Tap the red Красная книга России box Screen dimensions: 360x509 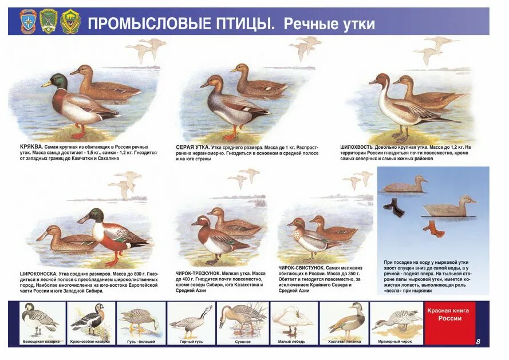point(449,323)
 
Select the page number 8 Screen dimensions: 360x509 point(478,342)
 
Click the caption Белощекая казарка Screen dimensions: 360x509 point(41,341)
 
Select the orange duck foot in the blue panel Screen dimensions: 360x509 point(433,229)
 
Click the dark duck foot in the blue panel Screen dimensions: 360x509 point(394,207)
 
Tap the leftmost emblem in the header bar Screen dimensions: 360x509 point(27,21)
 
